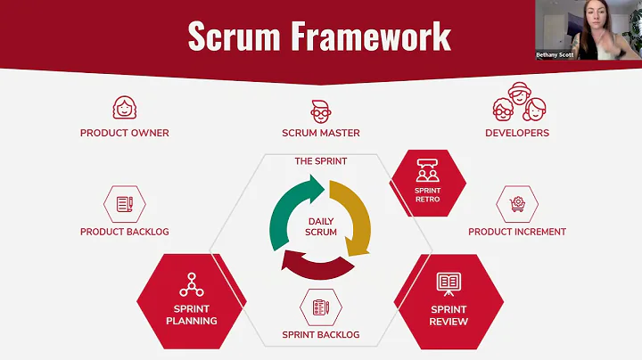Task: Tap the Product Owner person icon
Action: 124,108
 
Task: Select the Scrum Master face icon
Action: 320,110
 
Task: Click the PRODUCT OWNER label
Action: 124,133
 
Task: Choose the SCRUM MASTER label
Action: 320,133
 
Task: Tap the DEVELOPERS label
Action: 517,133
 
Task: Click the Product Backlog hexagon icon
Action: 124,204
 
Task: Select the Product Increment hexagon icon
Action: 517,204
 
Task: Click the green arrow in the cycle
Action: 290,201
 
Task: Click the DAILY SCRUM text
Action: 320,226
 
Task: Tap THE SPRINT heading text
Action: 320,161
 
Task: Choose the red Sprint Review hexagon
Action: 448,299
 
